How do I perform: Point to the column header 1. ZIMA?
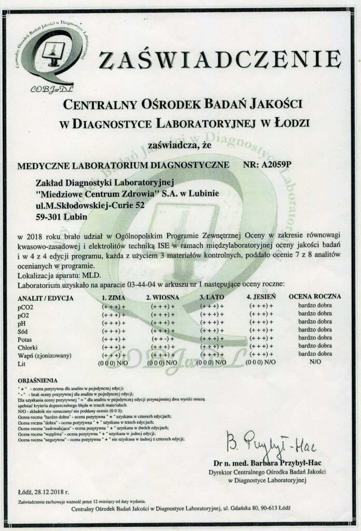(x=114, y=298)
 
